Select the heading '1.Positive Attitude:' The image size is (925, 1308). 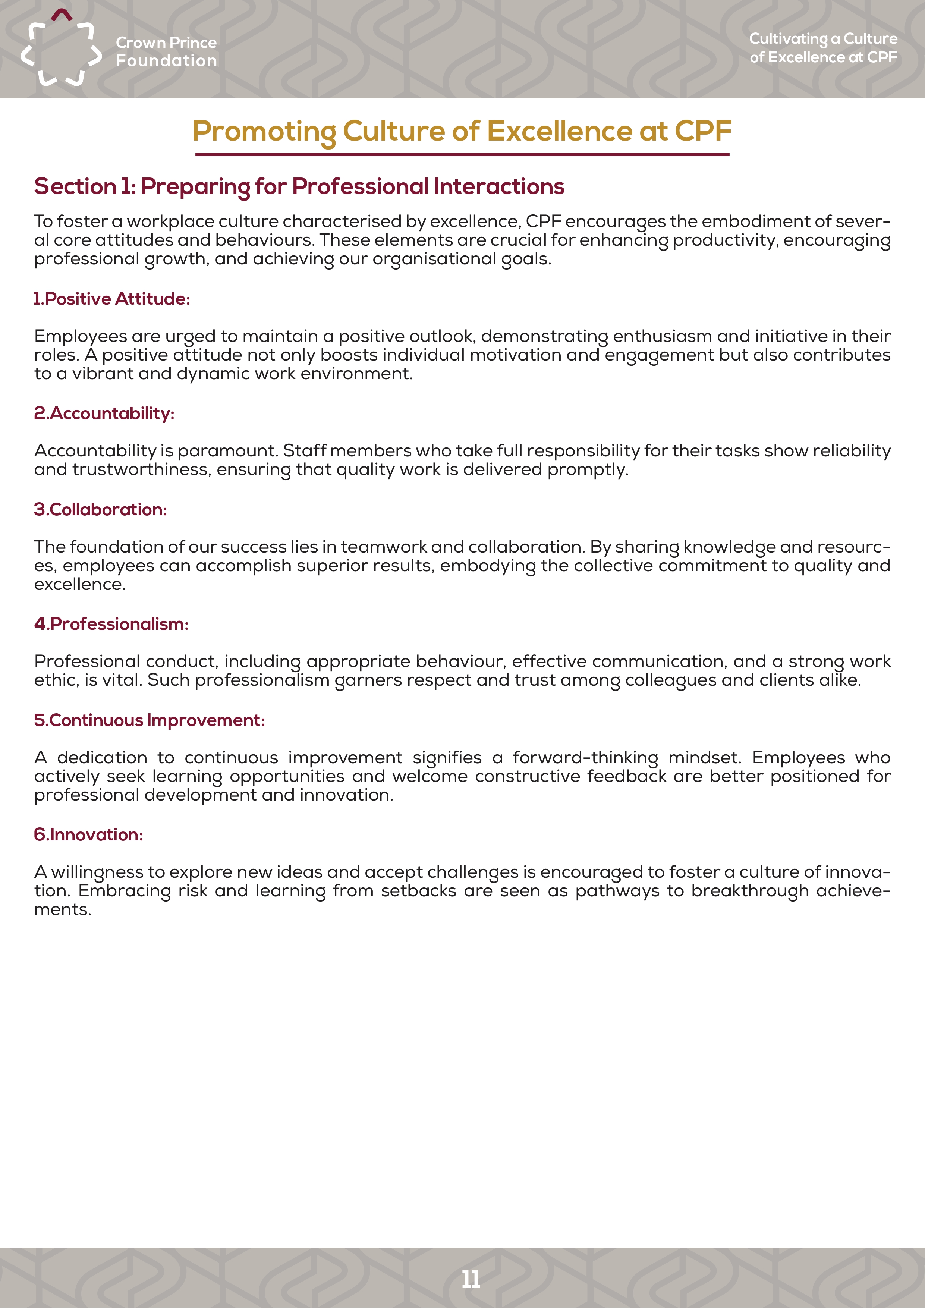[x=111, y=299]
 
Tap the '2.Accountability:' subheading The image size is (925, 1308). [x=104, y=414]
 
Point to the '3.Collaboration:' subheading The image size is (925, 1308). [x=100, y=509]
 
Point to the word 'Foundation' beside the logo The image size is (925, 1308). [x=166, y=60]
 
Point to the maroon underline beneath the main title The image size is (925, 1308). [x=462, y=154]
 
